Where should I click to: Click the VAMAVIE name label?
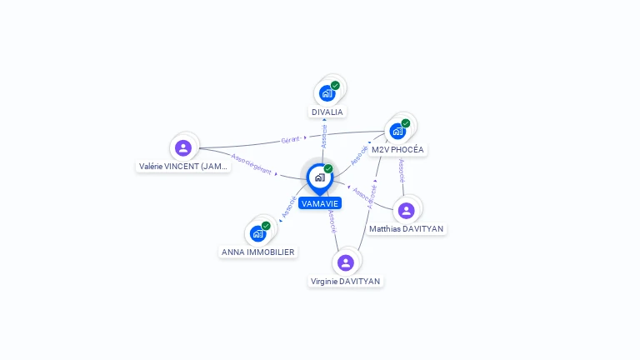pos(320,203)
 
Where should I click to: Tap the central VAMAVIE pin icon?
pos(319,177)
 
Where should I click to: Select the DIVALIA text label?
pos(327,112)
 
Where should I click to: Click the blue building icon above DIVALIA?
pos(327,92)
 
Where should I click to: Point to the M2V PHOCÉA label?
pos(397,150)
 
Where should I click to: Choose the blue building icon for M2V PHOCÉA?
pos(397,131)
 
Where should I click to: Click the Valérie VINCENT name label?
pos(183,167)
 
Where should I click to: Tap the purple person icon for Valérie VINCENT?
pos(183,147)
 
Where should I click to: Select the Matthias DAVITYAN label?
pos(407,229)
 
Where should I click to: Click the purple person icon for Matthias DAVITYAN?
pos(406,210)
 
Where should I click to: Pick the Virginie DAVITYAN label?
pos(346,282)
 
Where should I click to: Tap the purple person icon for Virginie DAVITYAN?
pos(346,262)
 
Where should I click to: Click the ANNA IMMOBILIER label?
pos(258,252)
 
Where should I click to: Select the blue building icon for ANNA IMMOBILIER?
pos(257,232)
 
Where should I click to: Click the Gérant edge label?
pos(290,139)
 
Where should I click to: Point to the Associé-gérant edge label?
pos(252,164)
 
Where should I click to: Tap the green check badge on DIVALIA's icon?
pos(335,85)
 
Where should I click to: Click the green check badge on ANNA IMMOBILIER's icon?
pos(266,225)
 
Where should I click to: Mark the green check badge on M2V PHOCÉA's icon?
pos(406,123)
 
